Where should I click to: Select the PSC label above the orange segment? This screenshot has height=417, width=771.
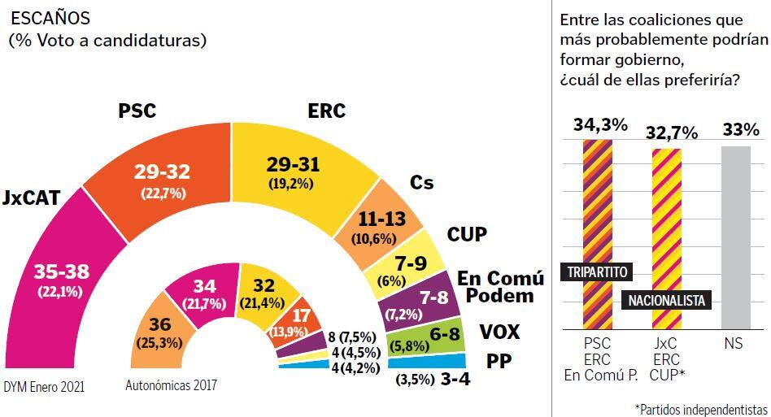(137, 111)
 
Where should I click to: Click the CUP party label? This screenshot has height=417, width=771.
(467, 235)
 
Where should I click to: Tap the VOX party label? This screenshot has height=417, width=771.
(499, 332)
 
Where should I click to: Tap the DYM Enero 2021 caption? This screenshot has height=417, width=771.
(45, 387)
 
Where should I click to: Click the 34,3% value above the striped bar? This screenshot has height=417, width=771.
(600, 125)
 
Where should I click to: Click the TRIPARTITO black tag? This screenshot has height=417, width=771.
(597, 271)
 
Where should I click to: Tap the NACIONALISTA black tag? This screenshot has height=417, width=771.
(666, 300)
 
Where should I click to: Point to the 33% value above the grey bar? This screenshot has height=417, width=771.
(740, 129)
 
